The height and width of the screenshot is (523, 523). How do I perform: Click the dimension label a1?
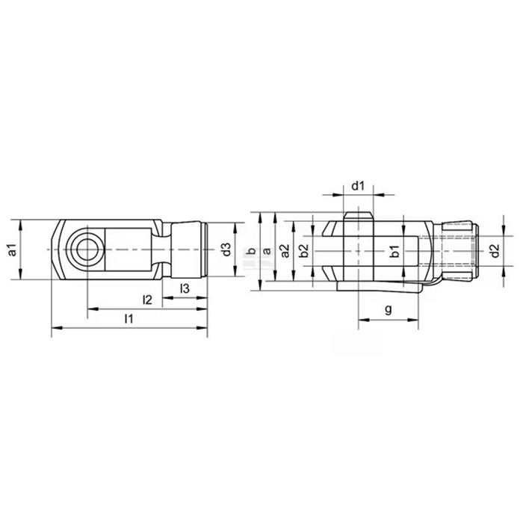[13, 250]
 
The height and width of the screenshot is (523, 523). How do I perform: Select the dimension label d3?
[226, 250]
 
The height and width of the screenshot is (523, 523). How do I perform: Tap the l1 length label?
[129, 319]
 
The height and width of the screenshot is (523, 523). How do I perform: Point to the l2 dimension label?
[147, 300]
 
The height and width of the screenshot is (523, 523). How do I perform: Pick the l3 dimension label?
[185, 288]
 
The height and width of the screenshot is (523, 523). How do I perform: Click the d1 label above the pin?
[358, 186]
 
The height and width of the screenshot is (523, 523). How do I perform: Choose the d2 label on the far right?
[495, 251]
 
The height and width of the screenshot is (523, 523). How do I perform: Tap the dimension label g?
[389, 309]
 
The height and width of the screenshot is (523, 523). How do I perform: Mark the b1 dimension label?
[395, 251]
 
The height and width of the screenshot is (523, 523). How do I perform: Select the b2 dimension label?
[303, 251]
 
